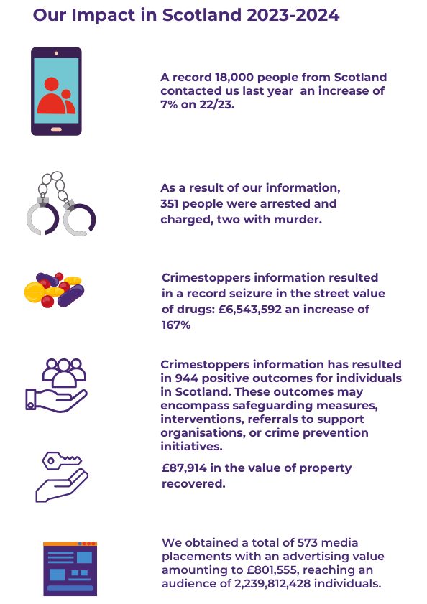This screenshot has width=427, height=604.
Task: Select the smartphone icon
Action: click(56, 91)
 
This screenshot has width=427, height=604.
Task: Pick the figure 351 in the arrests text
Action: click(173, 204)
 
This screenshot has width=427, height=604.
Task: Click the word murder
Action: click(298, 219)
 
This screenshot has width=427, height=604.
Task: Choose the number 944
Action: click(190, 378)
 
